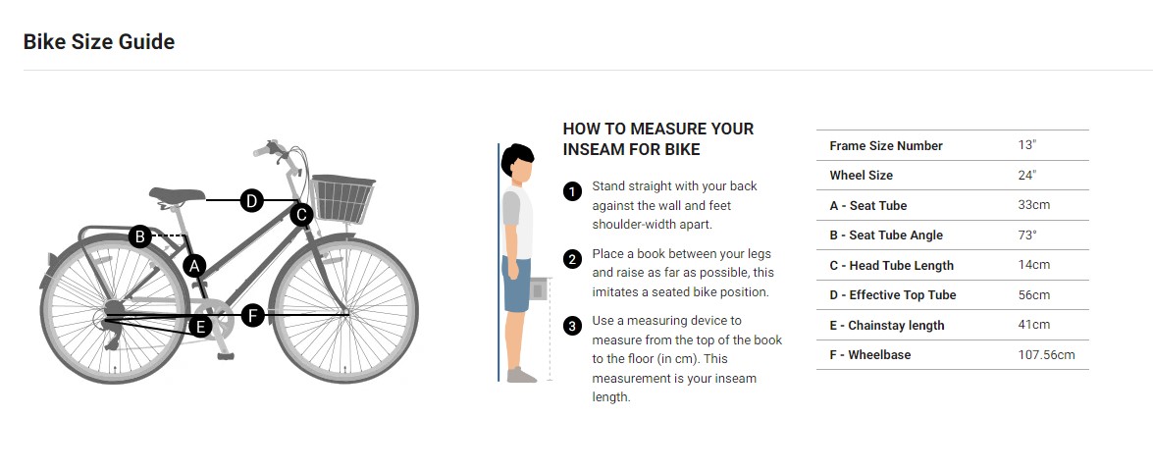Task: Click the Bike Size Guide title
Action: tap(98, 42)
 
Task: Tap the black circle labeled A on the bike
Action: tap(194, 266)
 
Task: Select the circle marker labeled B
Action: tap(139, 236)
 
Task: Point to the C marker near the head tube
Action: tap(301, 215)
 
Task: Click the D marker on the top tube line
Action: tap(251, 200)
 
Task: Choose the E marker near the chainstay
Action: tap(200, 326)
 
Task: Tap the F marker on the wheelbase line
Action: tap(253, 316)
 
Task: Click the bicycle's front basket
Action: tap(342, 199)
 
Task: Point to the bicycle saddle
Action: tap(178, 194)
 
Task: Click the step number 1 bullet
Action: tap(572, 192)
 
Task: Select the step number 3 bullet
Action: tap(572, 327)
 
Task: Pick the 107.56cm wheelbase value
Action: tap(1046, 355)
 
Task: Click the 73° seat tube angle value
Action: tap(1027, 235)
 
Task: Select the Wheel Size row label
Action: tap(862, 175)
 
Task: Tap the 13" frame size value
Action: tap(1026, 145)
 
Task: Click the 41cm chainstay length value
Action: tap(1034, 325)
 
